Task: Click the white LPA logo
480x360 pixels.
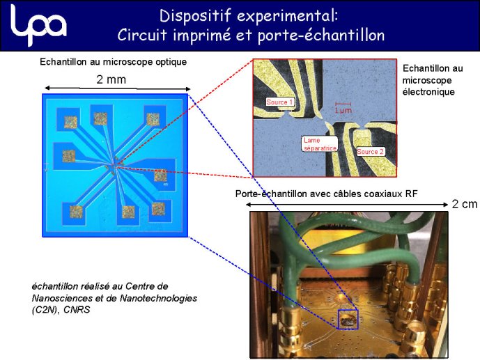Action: pyautogui.click(x=38, y=25)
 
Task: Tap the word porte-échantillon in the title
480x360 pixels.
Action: pyautogui.click(x=321, y=36)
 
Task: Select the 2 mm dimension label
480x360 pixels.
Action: pyautogui.click(x=111, y=79)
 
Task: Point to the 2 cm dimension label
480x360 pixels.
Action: pyautogui.click(x=465, y=204)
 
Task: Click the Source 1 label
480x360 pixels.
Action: pyautogui.click(x=279, y=102)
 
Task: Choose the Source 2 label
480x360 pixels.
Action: pyautogui.click(x=370, y=151)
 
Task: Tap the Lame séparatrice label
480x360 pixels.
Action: pyautogui.click(x=320, y=144)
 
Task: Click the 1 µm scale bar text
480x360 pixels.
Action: pyautogui.click(x=343, y=111)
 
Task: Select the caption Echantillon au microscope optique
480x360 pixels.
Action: pyautogui.click(x=114, y=62)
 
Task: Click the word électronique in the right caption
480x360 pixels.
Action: pyautogui.click(x=428, y=92)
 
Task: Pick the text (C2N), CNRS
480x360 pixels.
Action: pyautogui.click(x=61, y=310)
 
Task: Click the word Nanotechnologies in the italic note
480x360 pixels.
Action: pyautogui.click(x=158, y=298)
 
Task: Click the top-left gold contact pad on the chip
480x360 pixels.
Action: pyautogui.click(x=70, y=122)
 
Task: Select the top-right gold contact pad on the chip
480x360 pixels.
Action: pyautogui.click(x=153, y=119)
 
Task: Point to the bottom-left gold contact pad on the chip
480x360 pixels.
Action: pyautogui.click(x=76, y=212)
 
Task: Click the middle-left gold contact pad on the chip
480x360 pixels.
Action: pyautogui.click(x=69, y=156)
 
